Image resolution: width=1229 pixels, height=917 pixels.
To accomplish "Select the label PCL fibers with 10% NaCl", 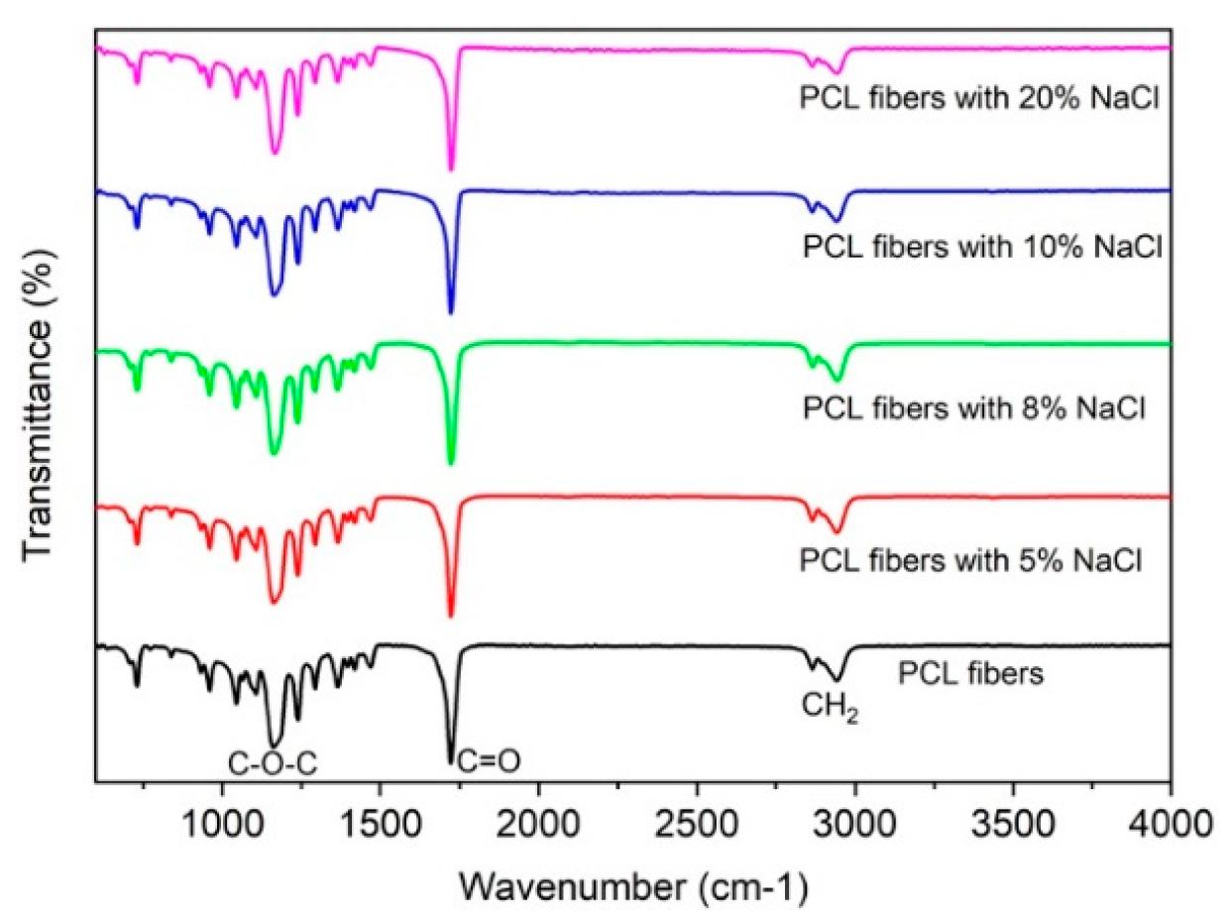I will pos(981,246).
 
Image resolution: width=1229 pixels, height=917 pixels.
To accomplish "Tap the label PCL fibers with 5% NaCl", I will pos(970,560).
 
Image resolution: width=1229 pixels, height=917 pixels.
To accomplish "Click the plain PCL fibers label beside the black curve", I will pos(971,677).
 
